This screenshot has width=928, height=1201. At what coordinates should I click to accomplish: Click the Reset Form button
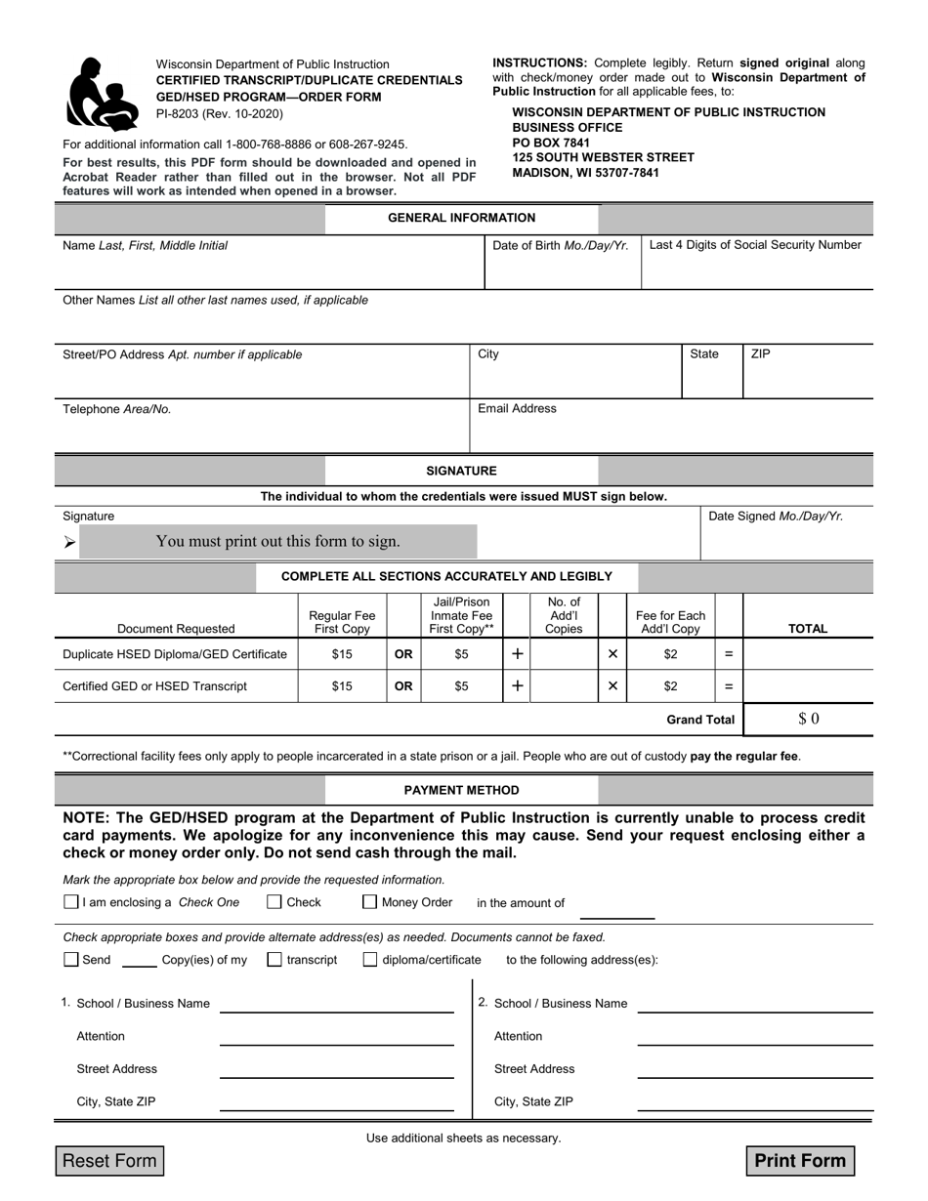pyautogui.click(x=108, y=1160)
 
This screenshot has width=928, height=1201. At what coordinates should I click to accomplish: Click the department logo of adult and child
pyautogui.click(x=102, y=94)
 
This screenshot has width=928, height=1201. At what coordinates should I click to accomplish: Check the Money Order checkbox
pyautogui.click(x=370, y=902)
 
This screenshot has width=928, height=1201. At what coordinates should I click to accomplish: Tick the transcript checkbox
pyautogui.click(x=274, y=960)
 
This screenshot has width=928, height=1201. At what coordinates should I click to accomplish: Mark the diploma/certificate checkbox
pyautogui.click(x=370, y=960)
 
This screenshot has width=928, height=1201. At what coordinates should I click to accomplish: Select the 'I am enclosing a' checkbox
pyautogui.click(x=70, y=902)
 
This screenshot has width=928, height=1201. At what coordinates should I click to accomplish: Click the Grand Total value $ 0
pyautogui.click(x=808, y=719)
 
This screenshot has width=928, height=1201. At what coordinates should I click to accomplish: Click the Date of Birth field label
pyautogui.click(x=560, y=245)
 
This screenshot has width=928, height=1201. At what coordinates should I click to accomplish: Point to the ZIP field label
pyautogui.click(x=760, y=353)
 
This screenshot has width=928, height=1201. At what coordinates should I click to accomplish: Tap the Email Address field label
pyautogui.click(x=517, y=408)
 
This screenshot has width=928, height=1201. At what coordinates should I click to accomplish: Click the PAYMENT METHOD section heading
pyautogui.click(x=461, y=790)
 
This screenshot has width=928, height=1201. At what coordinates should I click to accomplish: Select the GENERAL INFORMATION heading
pyautogui.click(x=461, y=218)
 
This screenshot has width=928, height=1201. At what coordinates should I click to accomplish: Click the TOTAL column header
pyautogui.click(x=807, y=629)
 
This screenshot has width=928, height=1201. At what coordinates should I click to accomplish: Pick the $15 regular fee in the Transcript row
pyautogui.click(x=342, y=686)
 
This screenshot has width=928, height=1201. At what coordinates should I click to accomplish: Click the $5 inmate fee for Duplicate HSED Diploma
pyautogui.click(x=461, y=653)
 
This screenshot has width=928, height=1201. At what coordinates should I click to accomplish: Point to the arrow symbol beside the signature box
pyautogui.click(x=69, y=542)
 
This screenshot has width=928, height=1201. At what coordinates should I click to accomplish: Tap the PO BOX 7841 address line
pyautogui.click(x=551, y=143)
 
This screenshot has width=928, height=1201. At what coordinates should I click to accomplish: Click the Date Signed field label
pyautogui.click(x=775, y=516)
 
